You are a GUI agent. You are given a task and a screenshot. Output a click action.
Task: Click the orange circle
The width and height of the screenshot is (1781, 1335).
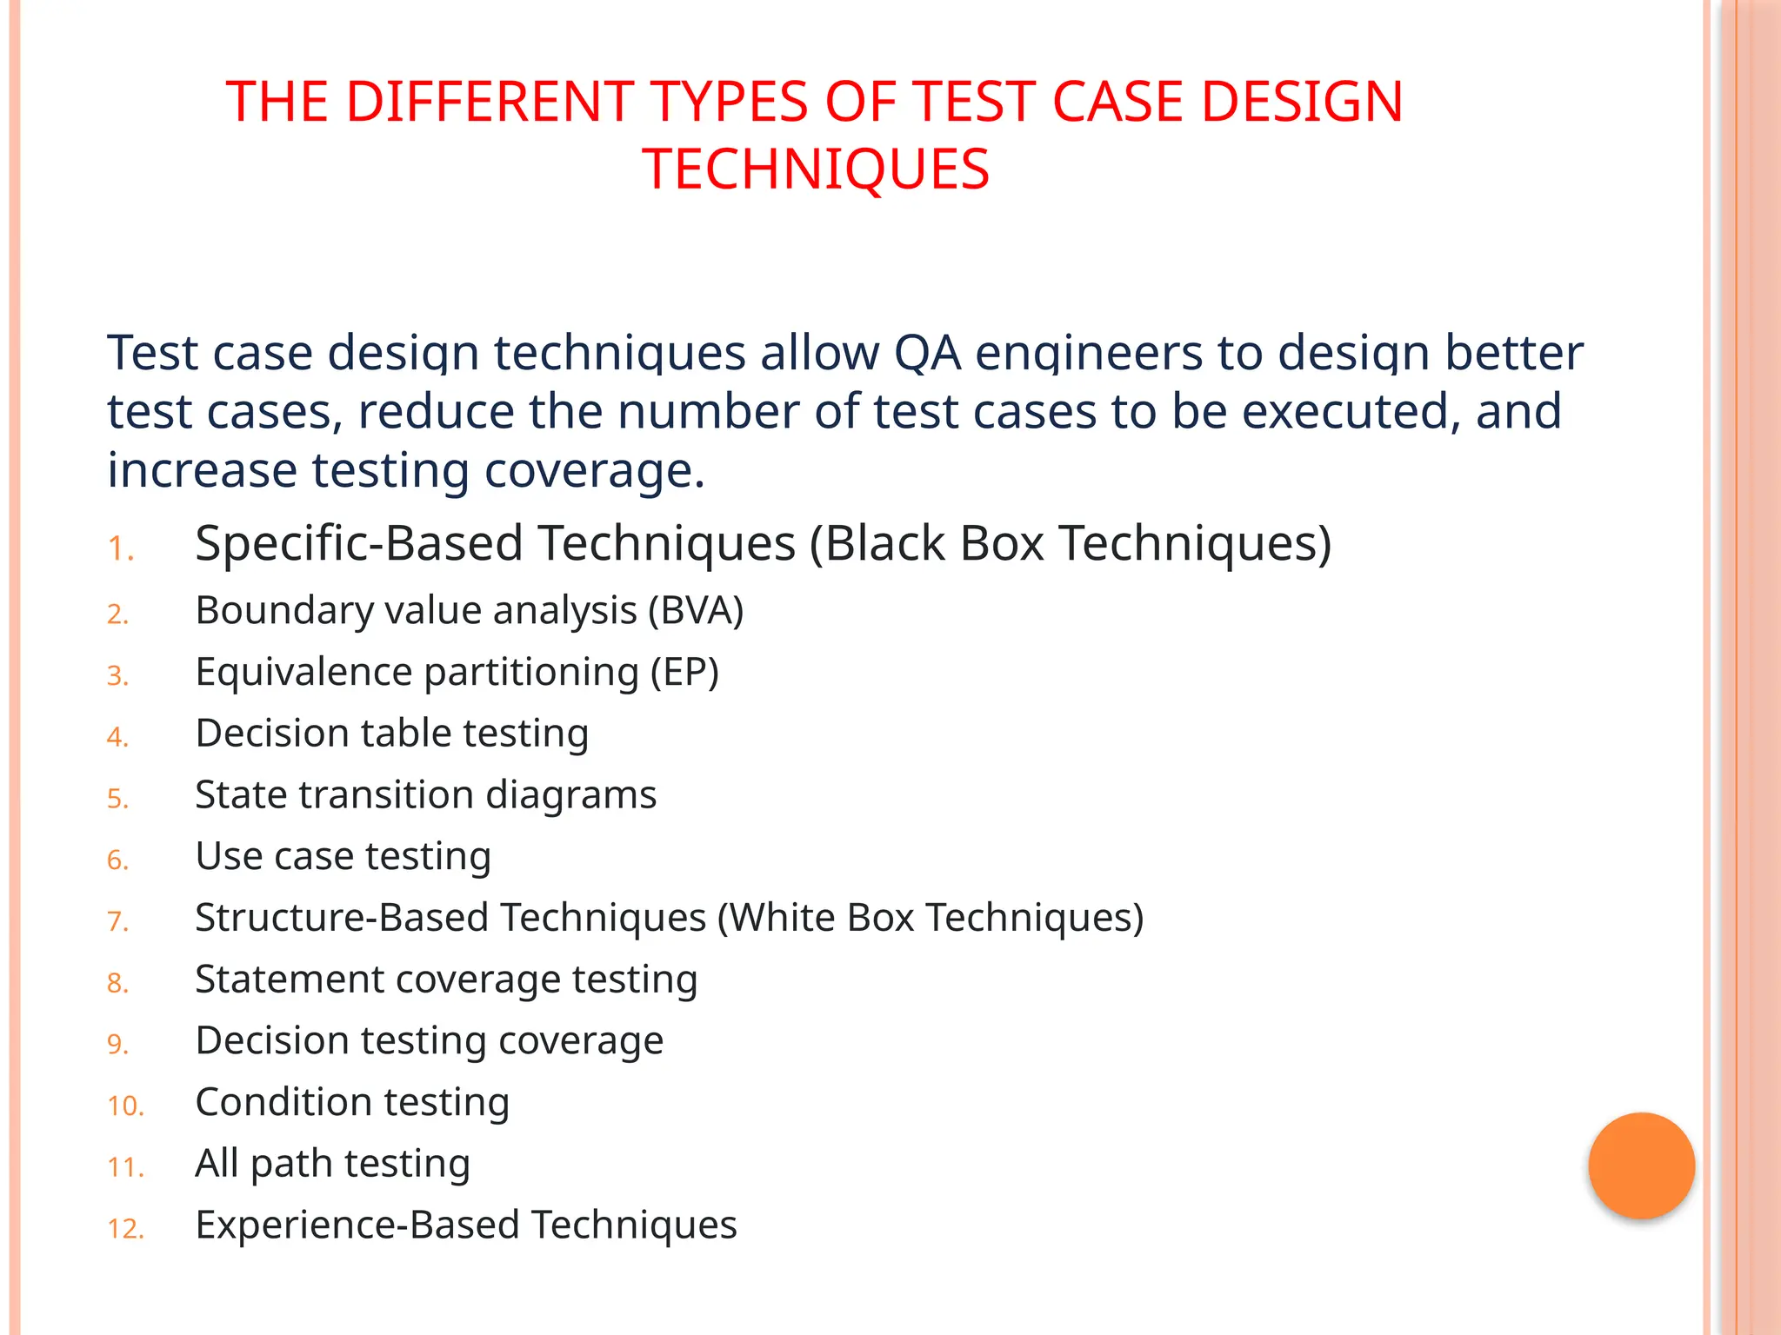pyautogui.click(x=1641, y=1166)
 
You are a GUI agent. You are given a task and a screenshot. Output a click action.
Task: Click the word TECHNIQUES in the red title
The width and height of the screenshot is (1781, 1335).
pyautogui.click(x=816, y=169)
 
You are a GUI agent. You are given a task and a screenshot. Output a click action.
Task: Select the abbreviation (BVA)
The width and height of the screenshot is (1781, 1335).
pyautogui.click(x=696, y=610)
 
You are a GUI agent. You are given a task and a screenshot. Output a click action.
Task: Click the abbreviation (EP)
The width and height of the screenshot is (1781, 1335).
pyautogui.click(x=684, y=672)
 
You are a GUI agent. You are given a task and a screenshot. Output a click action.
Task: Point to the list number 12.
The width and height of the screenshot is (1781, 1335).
pyautogui.click(x=125, y=1229)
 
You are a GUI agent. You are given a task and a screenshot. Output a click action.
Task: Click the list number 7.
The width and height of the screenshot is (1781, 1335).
pyautogui.click(x=117, y=921)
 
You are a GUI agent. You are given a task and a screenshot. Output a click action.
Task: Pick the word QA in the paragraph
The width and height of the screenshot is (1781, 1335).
pyautogui.click(x=927, y=353)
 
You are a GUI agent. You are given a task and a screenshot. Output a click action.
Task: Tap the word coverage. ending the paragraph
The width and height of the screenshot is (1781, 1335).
pyautogui.click(x=594, y=470)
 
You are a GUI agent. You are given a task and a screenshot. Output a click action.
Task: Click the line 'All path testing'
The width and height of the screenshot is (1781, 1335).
pyautogui.click(x=332, y=1164)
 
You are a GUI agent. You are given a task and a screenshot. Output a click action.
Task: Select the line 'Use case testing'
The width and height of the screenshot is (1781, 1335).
pyautogui.click(x=343, y=856)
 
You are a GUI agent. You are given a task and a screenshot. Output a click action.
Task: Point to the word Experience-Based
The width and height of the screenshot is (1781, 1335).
pyautogui.click(x=357, y=1225)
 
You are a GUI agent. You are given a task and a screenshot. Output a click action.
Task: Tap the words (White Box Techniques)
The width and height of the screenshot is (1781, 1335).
pyautogui.click(x=930, y=918)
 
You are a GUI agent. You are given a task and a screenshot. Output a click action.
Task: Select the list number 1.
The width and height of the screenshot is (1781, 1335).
pyautogui.click(x=120, y=549)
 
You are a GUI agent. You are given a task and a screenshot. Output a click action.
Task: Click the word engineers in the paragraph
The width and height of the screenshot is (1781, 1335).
pyautogui.click(x=1088, y=353)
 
